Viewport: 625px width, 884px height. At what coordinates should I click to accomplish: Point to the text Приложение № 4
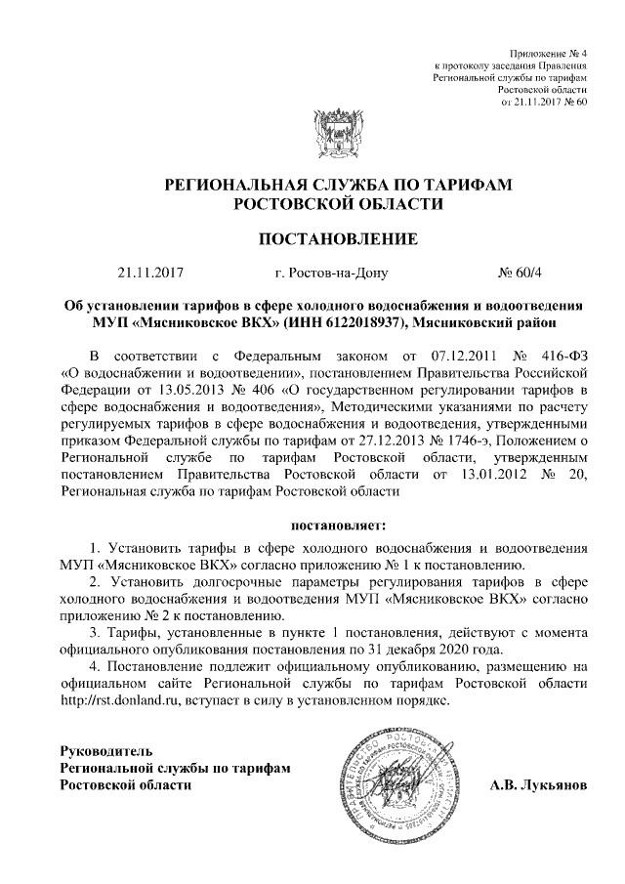549,51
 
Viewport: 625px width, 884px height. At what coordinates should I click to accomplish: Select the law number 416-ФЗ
562,355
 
